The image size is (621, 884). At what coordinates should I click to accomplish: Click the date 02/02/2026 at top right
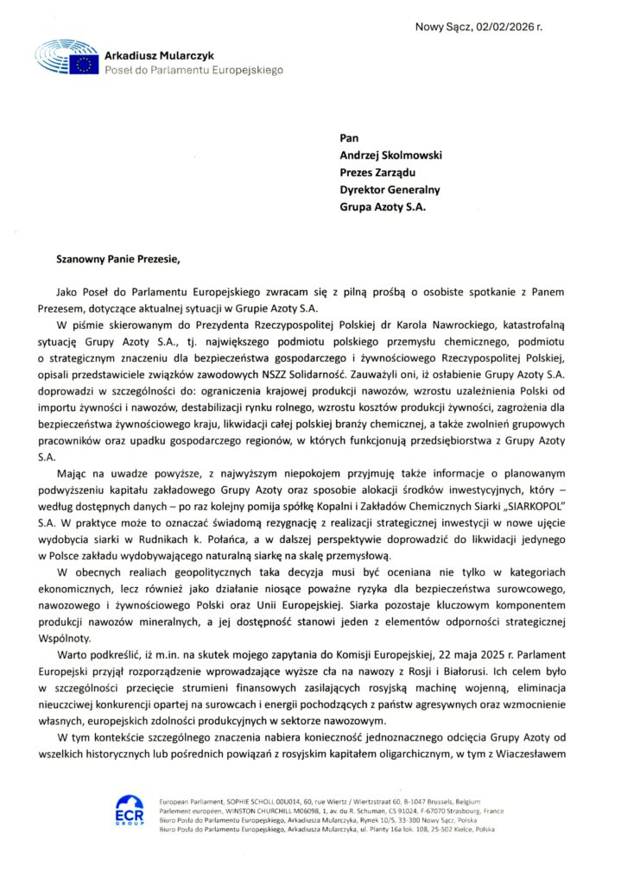[x=504, y=28]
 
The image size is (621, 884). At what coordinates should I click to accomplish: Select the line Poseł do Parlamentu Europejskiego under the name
[x=193, y=69]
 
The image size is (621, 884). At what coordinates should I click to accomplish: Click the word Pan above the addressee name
[x=348, y=136]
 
